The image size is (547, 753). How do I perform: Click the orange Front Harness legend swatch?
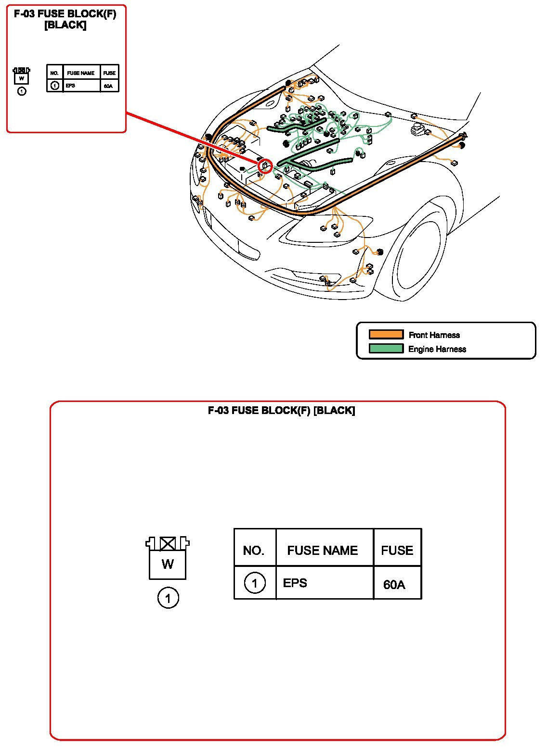pos(386,334)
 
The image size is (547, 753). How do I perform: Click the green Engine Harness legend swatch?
pos(386,349)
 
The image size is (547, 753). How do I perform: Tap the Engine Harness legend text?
pos(437,349)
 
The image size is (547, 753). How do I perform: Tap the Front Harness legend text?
pos(434,335)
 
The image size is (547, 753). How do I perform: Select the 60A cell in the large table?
pos(394,584)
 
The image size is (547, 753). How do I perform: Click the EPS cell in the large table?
pos(295,583)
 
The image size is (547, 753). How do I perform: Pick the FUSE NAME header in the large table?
pos(322,550)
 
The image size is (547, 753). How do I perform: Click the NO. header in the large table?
pos(253,551)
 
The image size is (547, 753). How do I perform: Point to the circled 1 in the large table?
pos(254,583)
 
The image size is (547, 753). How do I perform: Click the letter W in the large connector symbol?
pos(168,564)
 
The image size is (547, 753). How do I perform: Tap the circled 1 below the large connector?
pos(168,598)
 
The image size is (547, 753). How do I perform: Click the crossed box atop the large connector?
pos(168,543)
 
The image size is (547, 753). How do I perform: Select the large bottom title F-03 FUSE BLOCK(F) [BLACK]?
pos(281,410)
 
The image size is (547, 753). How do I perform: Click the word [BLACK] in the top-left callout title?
pos(65,25)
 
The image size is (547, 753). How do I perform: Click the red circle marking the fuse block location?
pos(265,166)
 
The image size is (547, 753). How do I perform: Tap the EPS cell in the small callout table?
pos(70,86)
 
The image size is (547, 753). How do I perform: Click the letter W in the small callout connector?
pos(21,78)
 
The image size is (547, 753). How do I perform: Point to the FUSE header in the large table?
pos(397,550)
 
